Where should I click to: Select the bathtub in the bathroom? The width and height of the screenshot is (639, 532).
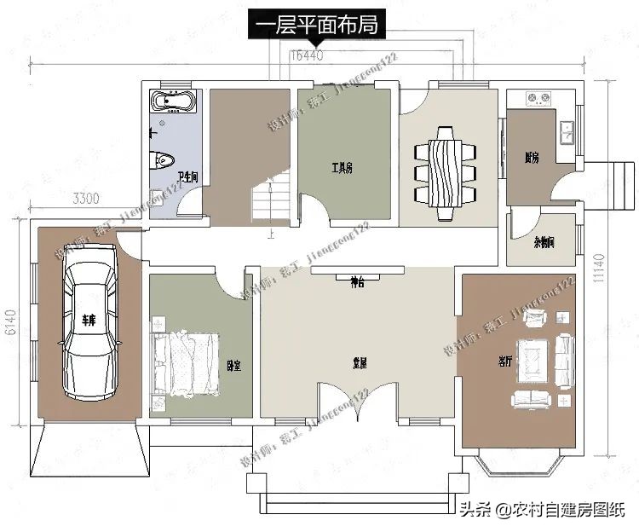174,102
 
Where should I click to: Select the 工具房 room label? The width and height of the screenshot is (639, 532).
342,168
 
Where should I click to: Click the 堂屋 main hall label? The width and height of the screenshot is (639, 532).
360,362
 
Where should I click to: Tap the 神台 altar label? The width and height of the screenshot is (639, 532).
357,282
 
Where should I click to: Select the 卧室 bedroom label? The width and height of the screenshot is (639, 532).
233,366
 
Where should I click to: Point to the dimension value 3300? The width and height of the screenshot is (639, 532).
85,199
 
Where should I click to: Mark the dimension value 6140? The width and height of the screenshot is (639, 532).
11,321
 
